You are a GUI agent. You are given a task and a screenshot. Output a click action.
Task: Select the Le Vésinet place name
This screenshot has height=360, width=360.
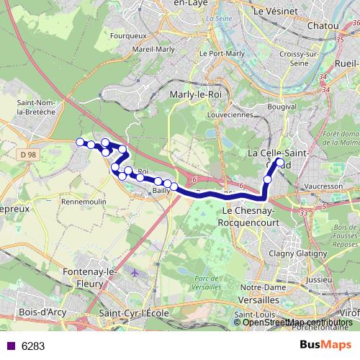(x=277, y=12)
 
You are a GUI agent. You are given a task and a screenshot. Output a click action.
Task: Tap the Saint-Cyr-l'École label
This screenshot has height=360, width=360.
(x=135, y=313)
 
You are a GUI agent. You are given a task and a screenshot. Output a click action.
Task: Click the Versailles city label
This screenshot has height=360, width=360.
(x=258, y=298)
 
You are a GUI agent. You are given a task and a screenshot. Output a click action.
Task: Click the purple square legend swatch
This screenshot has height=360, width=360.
(x=10, y=346)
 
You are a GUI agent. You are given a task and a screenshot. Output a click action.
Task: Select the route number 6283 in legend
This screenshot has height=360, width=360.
(x=33, y=346)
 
